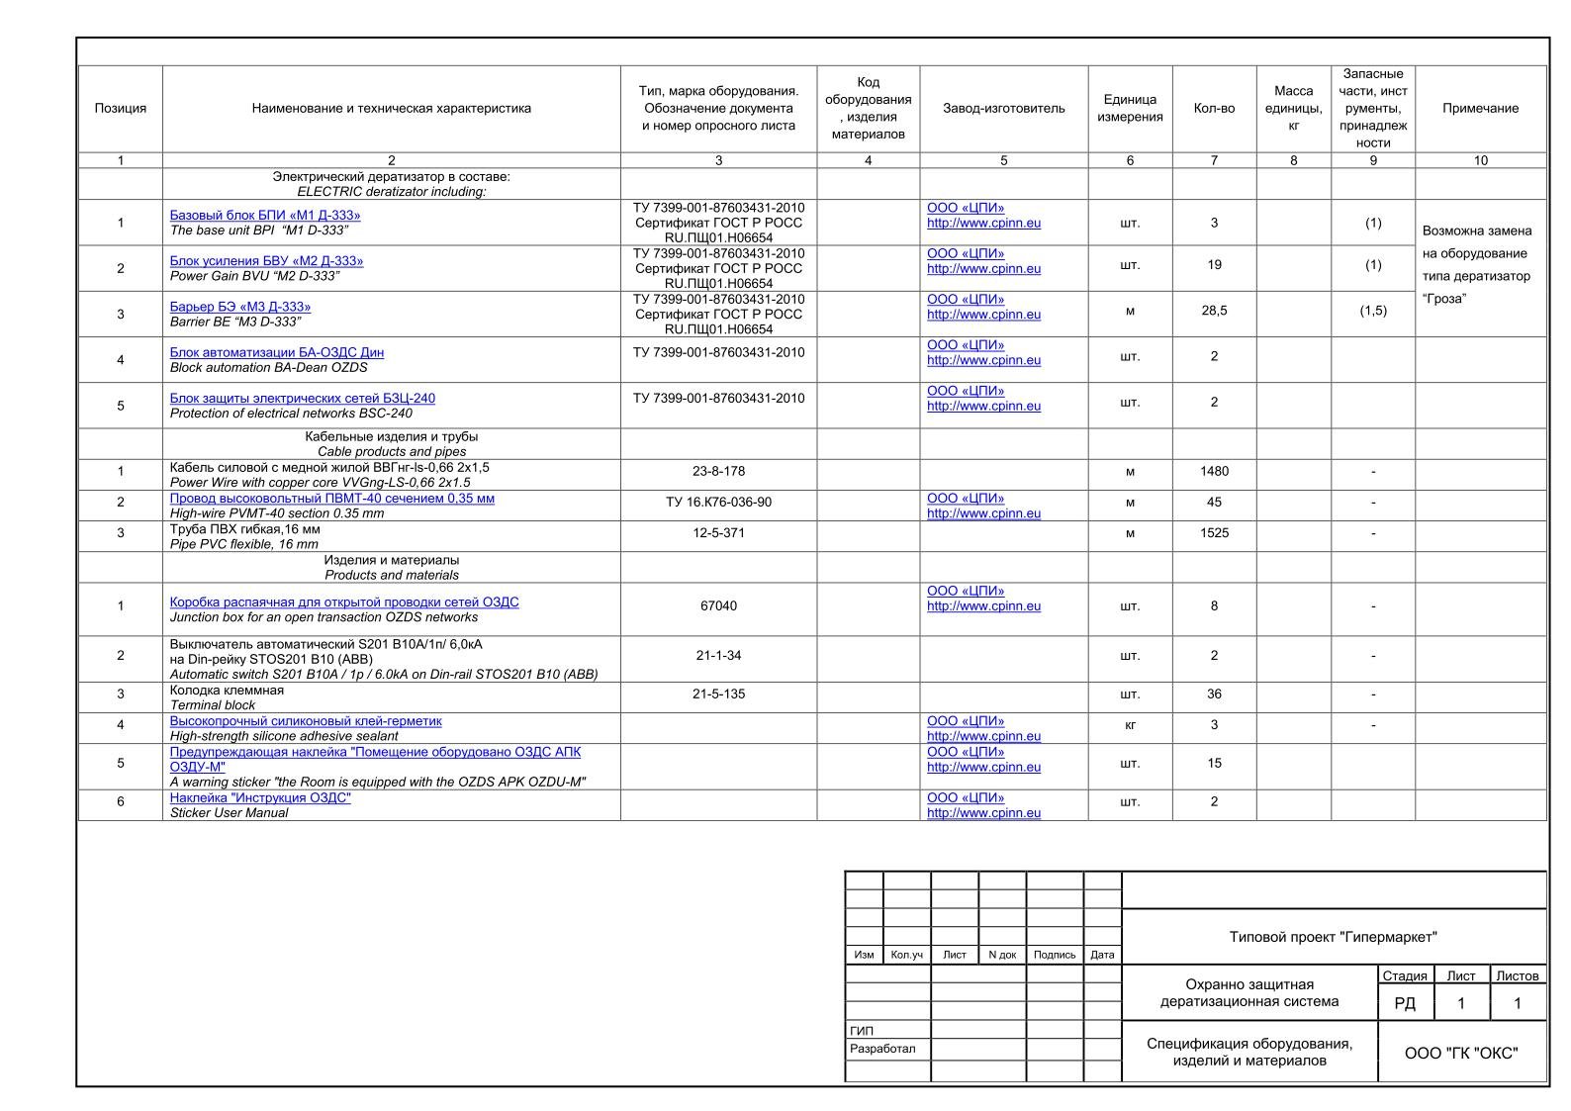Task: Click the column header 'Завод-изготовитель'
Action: [x=1003, y=109]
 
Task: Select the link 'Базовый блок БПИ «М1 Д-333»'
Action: [x=265, y=216]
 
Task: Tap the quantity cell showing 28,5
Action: [x=1214, y=311]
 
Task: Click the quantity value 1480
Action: [x=1214, y=472]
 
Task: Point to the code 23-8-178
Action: [x=718, y=472]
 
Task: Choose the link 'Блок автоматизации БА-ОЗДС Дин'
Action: [x=277, y=353]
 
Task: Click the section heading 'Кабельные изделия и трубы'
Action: [x=392, y=436]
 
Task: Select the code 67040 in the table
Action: [x=718, y=606]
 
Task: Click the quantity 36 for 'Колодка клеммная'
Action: [x=1214, y=694]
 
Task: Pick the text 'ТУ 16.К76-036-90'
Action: [x=718, y=503]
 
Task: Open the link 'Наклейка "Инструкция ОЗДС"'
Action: [x=260, y=798]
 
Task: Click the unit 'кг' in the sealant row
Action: [x=1130, y=725]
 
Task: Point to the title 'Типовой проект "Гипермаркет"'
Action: [x=1333, y=937]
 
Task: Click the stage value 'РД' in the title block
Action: [x=1404, y=1004]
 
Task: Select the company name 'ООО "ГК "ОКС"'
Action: [x=1461, y=1054]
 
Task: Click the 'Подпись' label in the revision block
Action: [x=1055, y=955]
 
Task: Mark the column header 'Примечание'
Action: [x=1480, y=109]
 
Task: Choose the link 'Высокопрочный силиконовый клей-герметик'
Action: [x=306, y=722]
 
